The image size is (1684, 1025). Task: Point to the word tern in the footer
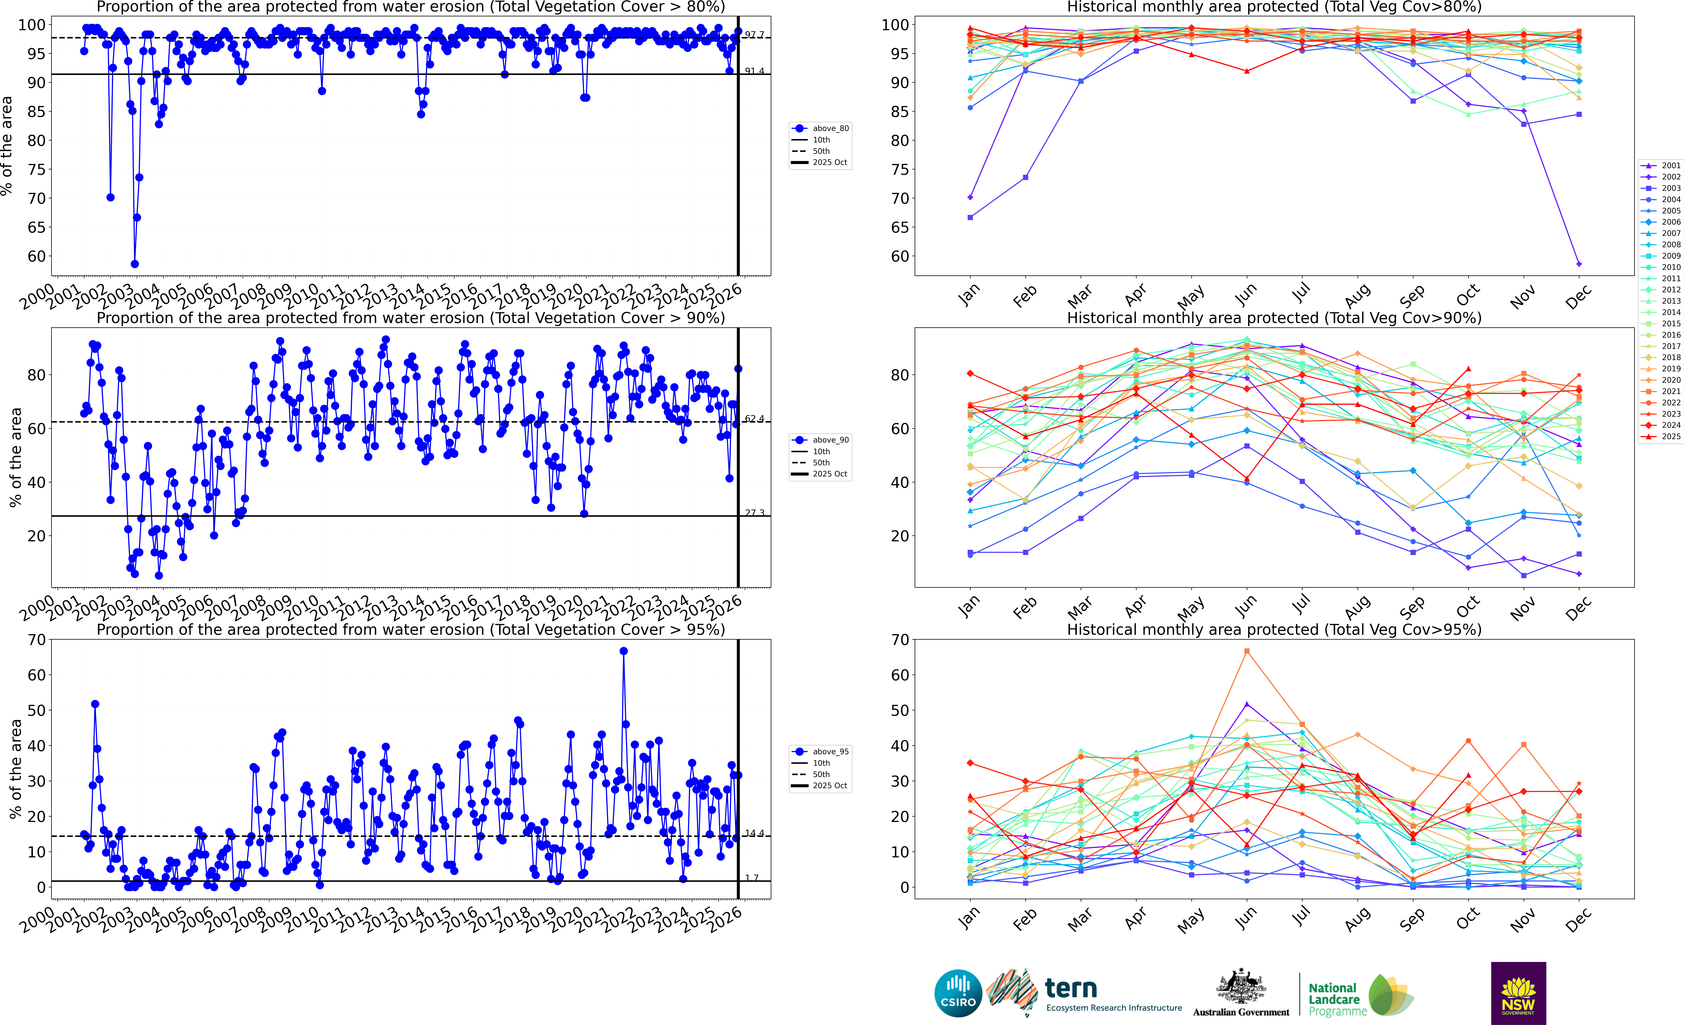click(x=1071, y=988)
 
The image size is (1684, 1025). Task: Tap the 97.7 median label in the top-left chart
click(x=755, y=35)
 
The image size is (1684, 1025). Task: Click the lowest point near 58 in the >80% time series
click(x=135, y=264)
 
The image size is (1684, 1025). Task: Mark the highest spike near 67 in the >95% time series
click(x=623, y=651)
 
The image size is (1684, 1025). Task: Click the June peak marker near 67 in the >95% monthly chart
click(x=1247, y=651)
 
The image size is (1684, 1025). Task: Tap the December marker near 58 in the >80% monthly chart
click(x=1579, y=264)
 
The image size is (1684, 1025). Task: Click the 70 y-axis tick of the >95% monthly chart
click(x=899, y=640)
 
